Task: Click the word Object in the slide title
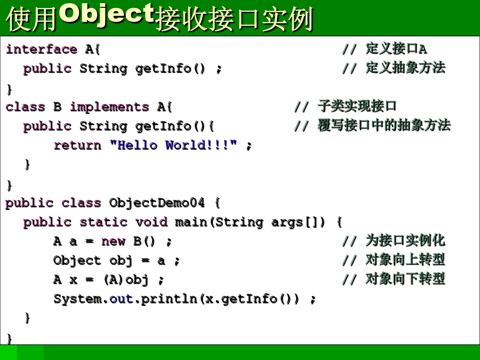pyautogui.click(x=107, y=13)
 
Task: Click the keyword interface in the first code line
pyautogui.click(x=42, y=49)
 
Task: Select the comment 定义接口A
pyautogui.click(x=396, y=49)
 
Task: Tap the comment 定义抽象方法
pyautogui.click(x=405, y=68)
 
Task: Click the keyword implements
pyautogui.click(x=109, y=107)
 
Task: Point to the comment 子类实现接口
pyautogui.click(x=357, y=106)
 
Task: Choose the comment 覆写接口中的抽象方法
pyautogui.click(x=384, y=125)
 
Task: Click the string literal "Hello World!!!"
pyautogui.click(x=173, y=145)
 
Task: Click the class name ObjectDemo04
pyautogui.click(x=157, y=203)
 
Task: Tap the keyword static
pyautogui.click(x=103, y=222)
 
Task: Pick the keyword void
pyautogui.click(x=151, y=222)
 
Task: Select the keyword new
pyautogui.click(x=113, y=242)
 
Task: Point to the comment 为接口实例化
pyautogui.click(x=405, y=241)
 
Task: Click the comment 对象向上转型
pyautogui.click(x=405, y=260)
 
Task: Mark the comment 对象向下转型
pyautogui.click(x=405, y=278)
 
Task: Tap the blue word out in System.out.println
pyautogui.click(x=121, y=299)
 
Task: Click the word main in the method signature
pyautogui.click(x=191, y=222)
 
